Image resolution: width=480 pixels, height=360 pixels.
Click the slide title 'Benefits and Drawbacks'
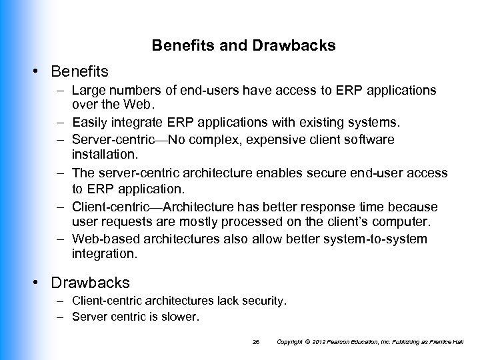pyautogui.click(x=243, y=46)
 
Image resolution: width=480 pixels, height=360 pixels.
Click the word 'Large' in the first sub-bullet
pyautogui.click(x=90, y=89)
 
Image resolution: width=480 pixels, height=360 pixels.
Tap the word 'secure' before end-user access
pyautogui.click(x=317, y=173)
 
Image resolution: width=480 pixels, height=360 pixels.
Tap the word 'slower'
pyautogui.click(x=181, y=317)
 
